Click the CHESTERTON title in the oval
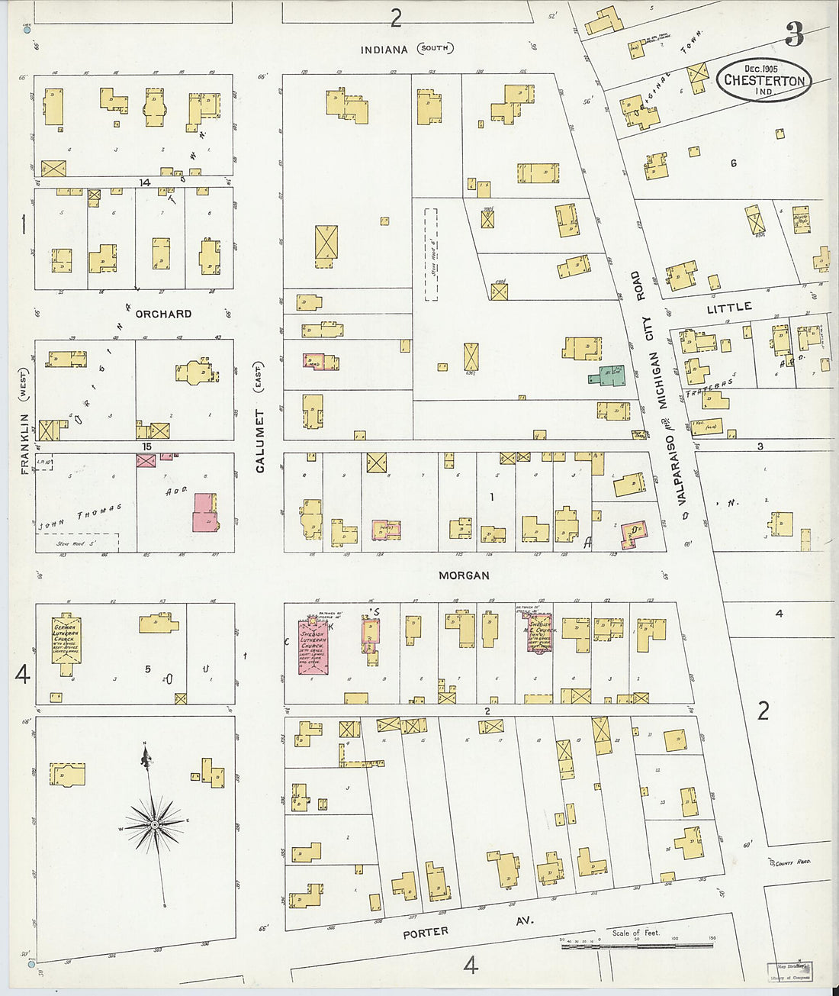click(764, 80)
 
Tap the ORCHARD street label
click(163, 314)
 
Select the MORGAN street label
click(464, 575)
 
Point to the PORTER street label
click(426, 932)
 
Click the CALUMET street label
click(260, 440)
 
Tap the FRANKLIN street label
click(24, 444)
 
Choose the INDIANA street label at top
click(384, 50)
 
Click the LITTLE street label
click(728, 308)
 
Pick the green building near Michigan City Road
click(607, 376)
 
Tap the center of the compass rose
click(155, 824)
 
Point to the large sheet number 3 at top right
click(795, 34)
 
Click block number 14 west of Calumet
click(144, 182)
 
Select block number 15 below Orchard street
click(146, 446)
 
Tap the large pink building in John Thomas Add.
click(204, 512)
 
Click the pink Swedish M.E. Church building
click(538, 630)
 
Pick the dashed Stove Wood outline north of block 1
click(432, 254)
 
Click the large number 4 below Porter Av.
click(471, 965)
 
